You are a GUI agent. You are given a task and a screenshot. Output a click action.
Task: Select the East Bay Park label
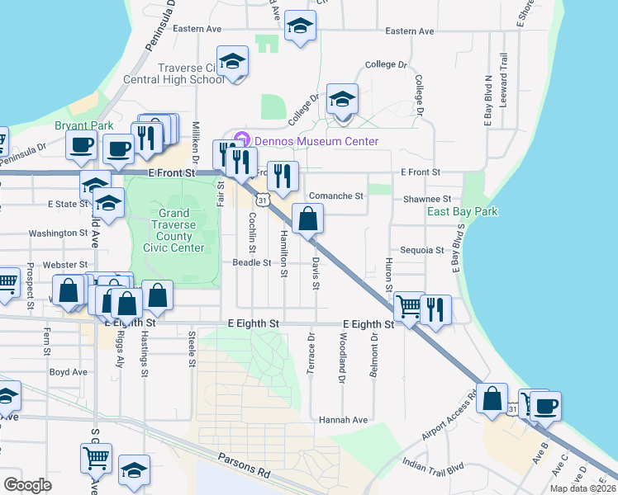(463, 212)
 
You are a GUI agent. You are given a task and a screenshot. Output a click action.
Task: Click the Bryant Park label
(83, 125)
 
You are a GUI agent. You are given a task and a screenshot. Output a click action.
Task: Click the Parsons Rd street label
(245, 466)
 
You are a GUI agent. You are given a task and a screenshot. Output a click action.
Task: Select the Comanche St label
(336, 196)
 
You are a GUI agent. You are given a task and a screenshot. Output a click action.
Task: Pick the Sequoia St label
(422, 249)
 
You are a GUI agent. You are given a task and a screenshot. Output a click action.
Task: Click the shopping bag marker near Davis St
(307, 219)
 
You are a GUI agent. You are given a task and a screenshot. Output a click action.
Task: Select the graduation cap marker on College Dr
(342, 100)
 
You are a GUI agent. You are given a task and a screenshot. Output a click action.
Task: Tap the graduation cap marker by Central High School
(233, 61)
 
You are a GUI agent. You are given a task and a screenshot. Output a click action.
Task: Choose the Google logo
(27, 485)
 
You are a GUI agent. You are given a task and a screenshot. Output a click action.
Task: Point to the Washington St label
(58, 233)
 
